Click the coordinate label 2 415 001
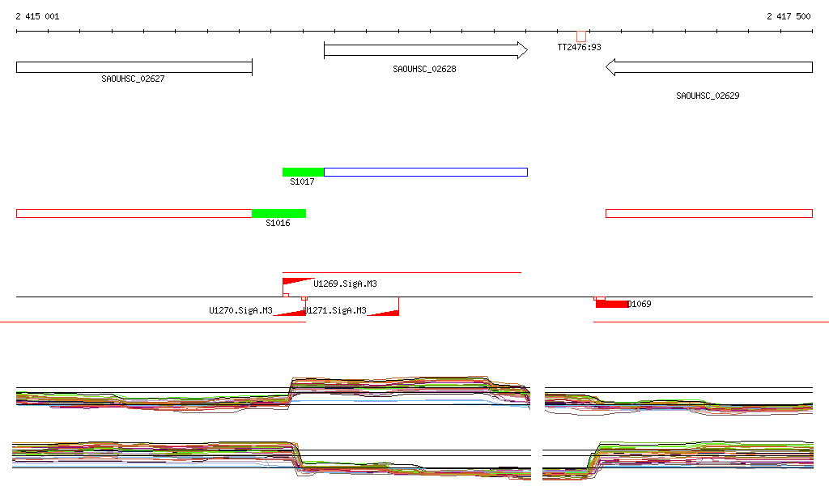pyautogui.click(x=37, y=16)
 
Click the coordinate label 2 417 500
pyautogui.click(x=789, y=16)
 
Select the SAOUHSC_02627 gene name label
pyautogui.click(x=133, y=79)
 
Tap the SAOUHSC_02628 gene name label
pyautogui.click(x=424, y=69)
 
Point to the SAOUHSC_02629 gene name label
pyautogui.click(x=708, y=96)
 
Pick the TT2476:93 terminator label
pyautogui.click(x=579, y=47)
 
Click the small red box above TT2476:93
pyautogui.click(x=581, y=36)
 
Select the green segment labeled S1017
pyautogui.click(x=303, y=172)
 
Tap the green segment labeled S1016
pyautogui.click(x=278, y=213)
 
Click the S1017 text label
pyautogui.click(x=302, y=182)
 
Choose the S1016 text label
pyautogui.click(x=278, y=223)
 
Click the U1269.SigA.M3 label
pyautogui.click(x=345, y=284)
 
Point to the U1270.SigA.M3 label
pyautogui.click(x=240, y=310)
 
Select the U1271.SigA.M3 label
pyautogui.click(x=335, y=310)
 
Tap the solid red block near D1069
pyautogui.click(x=611, y=304)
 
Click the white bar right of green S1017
pyautogui.click(x=425, y=172)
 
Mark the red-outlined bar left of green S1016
pyautogui.click(x=134, y=213)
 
